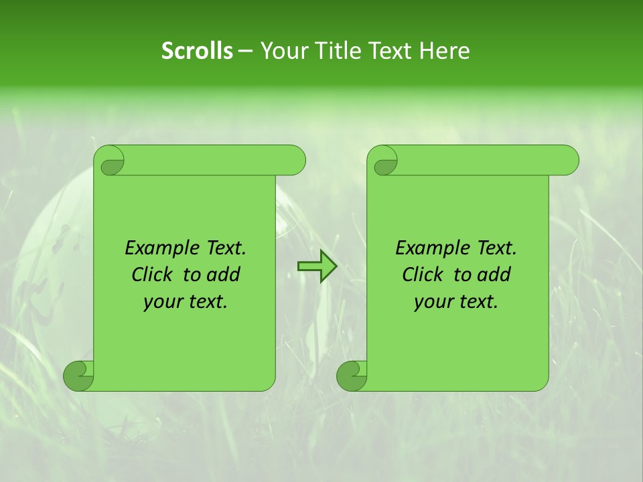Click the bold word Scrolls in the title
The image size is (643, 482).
tap(197, 51)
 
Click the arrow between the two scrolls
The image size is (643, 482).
tap(317, 266)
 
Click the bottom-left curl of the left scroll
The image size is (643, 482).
tap(78, 375)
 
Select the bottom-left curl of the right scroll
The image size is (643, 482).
tap(352, 375)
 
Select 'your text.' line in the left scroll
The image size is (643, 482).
tap(186, 302)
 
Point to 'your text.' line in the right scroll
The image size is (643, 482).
tap(456, 302)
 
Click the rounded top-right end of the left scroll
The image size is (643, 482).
tap(295, 161)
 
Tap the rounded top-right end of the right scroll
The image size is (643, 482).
tap(568, 161)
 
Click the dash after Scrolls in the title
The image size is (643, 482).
tap(245, 51)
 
